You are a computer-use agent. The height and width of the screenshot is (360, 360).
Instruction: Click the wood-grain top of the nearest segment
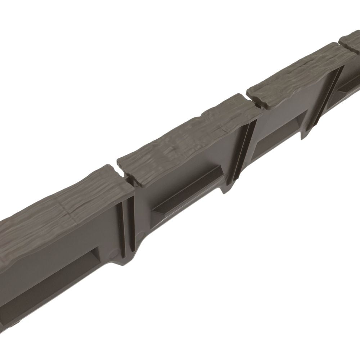tap(65, 202)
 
